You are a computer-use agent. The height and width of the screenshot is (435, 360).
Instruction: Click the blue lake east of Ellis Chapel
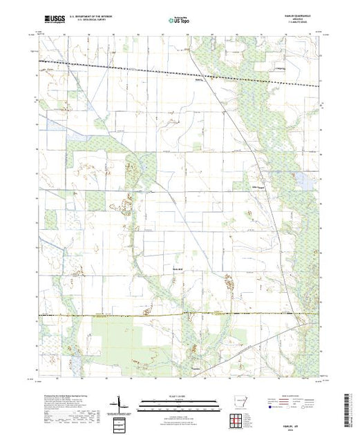[303, 182]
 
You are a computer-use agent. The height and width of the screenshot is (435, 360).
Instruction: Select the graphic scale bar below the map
[180, 400]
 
